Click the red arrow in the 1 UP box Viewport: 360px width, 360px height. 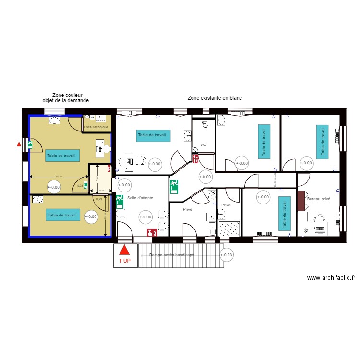pyautogui.click(x=125, y=251)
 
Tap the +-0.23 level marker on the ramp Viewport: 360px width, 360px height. pyautogui.click(x=226, y=256)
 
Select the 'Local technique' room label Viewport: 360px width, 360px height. pyautogui.click(x=96, y=127)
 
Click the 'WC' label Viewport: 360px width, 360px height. pyautogui.click(x=203, y=144)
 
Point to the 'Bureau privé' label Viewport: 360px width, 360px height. pyautogui.click(x=319, y=198)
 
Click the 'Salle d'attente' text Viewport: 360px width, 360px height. pyautogui.click(x=140, y=198)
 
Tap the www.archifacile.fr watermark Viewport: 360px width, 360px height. pyautogui.click(x=331, y=278)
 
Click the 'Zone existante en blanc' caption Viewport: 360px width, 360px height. pyautogui.click(x=215, y=98)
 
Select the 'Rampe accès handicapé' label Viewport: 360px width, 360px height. pyautogui.click(x=171, y=256)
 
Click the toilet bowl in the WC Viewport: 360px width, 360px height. pyautogui.click(x=206, y=124)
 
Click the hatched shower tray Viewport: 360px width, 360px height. pyautogui.click(x=229, y=229)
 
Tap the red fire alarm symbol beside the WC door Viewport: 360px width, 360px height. pyautogui.click(x=195, y=158)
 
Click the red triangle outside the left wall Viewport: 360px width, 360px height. pyautogui.click(x=19, y=144)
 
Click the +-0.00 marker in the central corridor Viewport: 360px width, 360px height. pyautogui.click(x=205, y=177)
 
